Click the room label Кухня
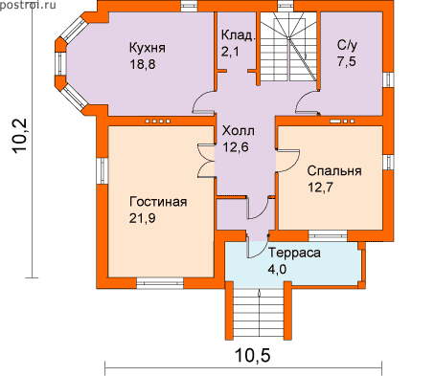coord(148,48)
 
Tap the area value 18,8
coord(143,64)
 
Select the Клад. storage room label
coord(239,35)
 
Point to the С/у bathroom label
coord(347,46)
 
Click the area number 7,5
coord(347,61)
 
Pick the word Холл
coord(239,131)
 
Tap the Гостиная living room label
coord(158,202)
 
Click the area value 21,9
coord(143,218)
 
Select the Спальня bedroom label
coord(334,171)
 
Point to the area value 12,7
coord(320,188)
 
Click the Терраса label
coord(294,253)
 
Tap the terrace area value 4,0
coord(277,270)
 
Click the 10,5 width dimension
coord(253,356)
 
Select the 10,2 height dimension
coord(21,137)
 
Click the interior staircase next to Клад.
coord(287,46)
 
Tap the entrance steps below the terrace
coord(259,310)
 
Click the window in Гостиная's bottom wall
coord(160,283)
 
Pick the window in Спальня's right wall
coord(388,163)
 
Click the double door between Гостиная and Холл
coord(205,160)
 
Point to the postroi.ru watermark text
coord(28,4)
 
